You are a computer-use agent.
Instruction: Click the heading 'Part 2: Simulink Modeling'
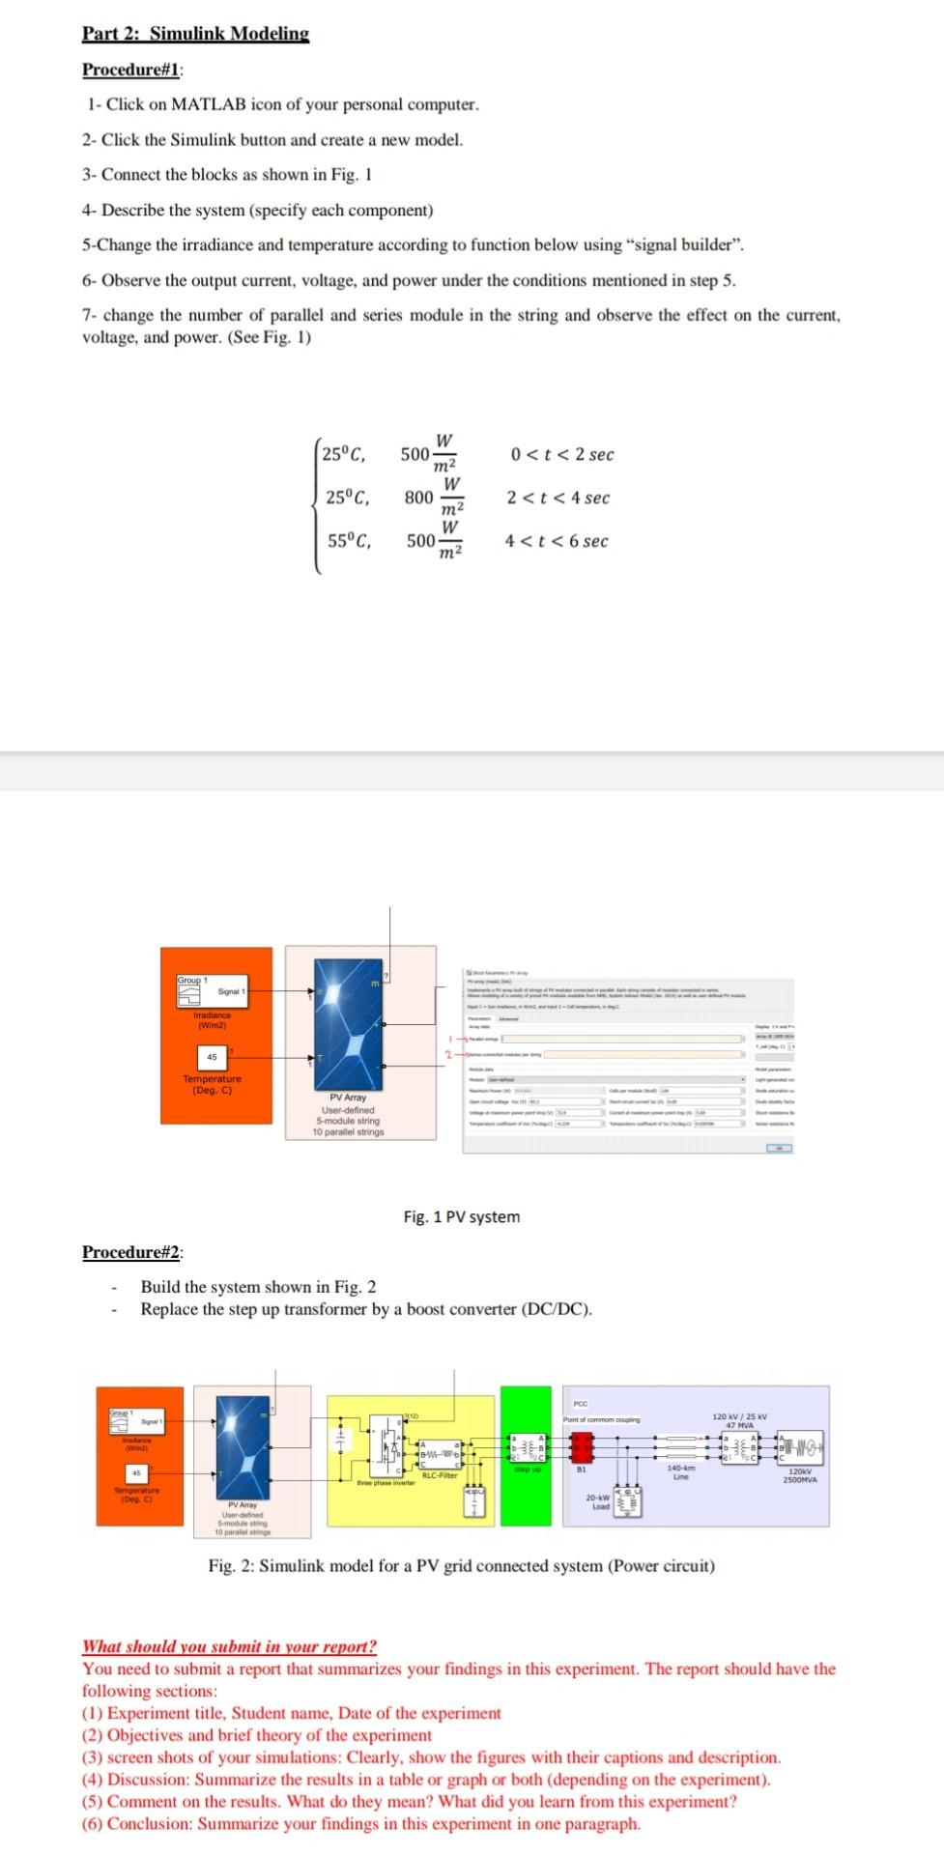[195, 34]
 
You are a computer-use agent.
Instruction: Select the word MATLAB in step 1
[212, 104]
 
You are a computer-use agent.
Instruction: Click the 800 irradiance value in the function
[418, 498]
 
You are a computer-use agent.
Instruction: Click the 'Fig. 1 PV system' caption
[461, 1216]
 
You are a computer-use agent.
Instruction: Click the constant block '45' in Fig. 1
[212, 1057]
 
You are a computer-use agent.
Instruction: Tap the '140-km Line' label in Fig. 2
[681, 1471]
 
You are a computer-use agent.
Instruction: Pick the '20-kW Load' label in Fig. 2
[600, 1501]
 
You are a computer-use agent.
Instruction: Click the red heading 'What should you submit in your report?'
[229, 1646]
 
